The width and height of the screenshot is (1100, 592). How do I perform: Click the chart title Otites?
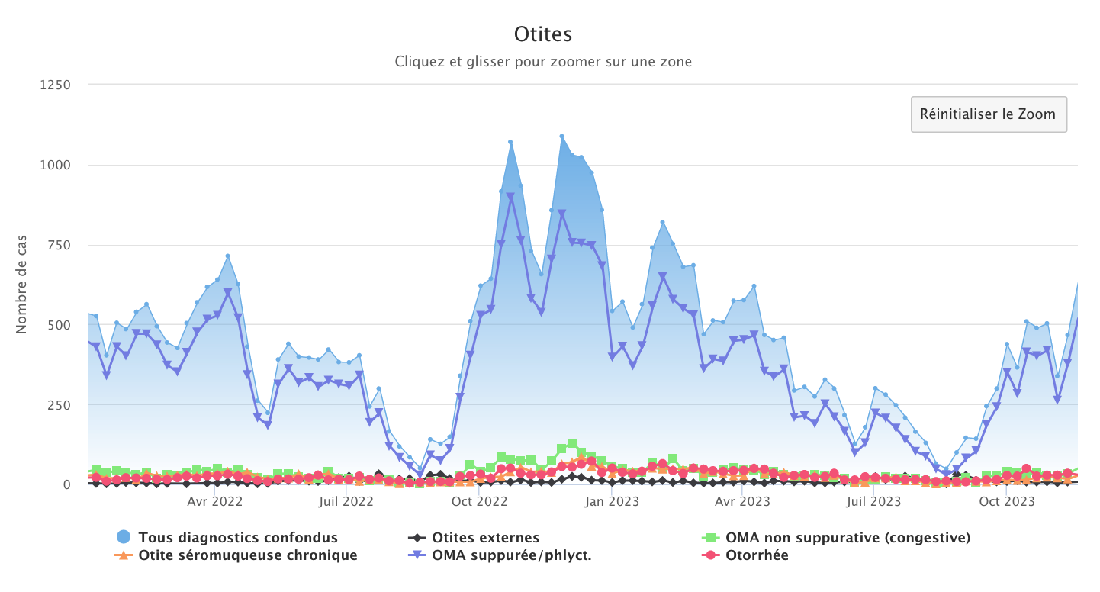coord(543,34)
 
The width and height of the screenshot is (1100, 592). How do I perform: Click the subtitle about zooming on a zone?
coord(543,62)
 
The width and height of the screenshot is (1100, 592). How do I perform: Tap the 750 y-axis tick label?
coord(58,245)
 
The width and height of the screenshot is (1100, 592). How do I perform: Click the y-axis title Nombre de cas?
coord(21,285)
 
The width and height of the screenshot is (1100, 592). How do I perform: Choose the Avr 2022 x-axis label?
coord(214,502)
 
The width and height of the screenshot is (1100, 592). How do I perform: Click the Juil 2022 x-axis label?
coord(346,502)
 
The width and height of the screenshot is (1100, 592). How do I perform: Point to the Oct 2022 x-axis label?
coord(480,502)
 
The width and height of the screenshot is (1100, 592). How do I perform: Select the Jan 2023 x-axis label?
coord(612,502)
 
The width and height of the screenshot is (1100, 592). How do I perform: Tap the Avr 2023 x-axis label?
coord(743,502)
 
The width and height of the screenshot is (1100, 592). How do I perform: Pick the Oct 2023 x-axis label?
coord(1007,502)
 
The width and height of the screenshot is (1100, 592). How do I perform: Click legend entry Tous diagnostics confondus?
coord(237,538)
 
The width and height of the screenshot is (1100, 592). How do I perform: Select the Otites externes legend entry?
coord(485,538)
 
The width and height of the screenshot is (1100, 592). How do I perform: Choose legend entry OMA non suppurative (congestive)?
coord(848,538)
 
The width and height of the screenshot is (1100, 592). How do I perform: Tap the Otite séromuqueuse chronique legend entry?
coord(247,555)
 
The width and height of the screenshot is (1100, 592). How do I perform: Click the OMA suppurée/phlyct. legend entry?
coord(511,555)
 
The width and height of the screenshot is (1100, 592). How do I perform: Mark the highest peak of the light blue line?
coord(561,137)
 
